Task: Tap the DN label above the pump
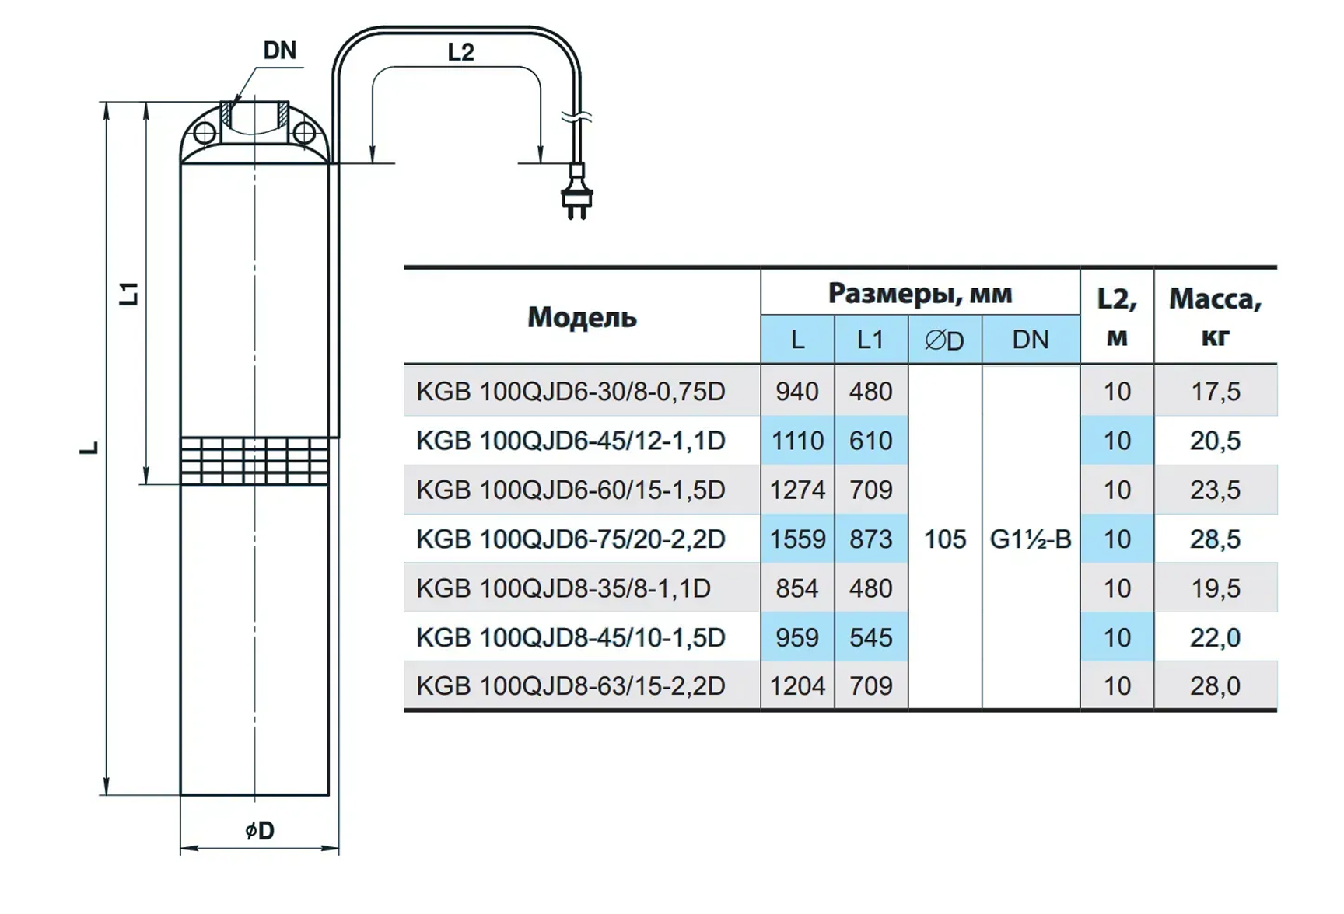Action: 279,51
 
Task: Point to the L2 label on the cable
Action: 460,52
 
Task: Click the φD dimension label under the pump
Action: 260,831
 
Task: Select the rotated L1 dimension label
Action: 129,293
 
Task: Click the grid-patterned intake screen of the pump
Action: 254,461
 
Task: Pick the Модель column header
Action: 582,317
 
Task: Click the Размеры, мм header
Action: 919,293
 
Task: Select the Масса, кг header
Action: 1215,317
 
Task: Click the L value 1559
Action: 797,539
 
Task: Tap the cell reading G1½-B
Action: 1030,539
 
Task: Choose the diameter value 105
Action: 944,539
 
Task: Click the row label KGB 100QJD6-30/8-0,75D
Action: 571,391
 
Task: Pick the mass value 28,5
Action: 1215,539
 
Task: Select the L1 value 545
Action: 870,637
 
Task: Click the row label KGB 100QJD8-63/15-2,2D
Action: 571,685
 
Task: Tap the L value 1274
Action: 797,490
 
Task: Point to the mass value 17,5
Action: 1215,391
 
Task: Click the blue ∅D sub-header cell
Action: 944,340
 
